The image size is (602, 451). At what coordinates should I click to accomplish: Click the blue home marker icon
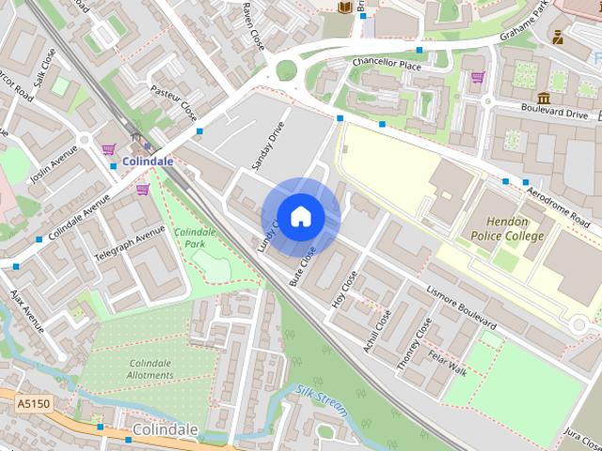300,217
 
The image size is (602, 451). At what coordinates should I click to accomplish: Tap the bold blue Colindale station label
146,161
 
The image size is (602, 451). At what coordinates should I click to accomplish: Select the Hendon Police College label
507,228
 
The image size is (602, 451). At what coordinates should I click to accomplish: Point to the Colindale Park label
195,238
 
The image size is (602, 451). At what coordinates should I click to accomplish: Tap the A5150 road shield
32,402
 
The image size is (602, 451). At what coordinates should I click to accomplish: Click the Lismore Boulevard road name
462,308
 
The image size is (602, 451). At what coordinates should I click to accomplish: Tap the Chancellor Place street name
386,63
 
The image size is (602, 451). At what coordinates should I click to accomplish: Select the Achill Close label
377,332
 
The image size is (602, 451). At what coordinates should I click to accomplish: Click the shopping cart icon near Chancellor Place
477,77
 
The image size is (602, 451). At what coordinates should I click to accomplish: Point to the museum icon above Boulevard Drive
544,97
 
